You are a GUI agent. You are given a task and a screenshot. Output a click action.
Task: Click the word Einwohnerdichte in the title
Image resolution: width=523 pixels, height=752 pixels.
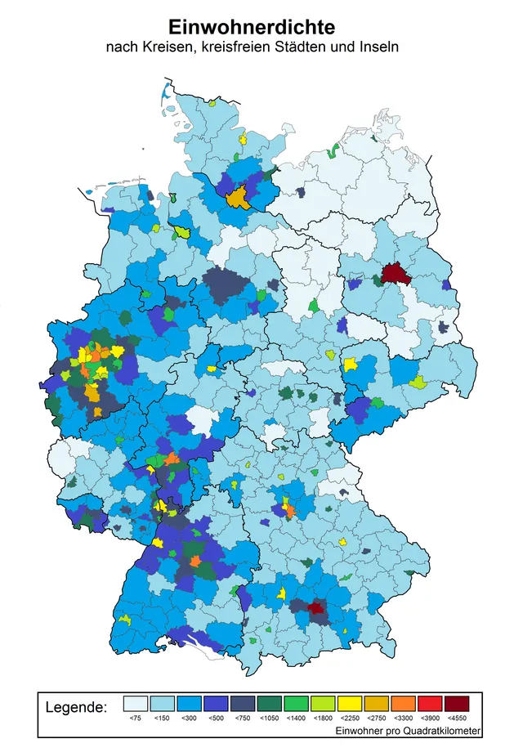pos(252,27)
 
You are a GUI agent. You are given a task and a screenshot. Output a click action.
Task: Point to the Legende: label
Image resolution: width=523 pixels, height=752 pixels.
pos(75,705)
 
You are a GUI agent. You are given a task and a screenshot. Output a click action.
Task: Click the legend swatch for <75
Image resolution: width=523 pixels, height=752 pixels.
pos(136,704)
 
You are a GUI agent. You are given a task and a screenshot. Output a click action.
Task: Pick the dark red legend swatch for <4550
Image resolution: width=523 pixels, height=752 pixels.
pos(457,704)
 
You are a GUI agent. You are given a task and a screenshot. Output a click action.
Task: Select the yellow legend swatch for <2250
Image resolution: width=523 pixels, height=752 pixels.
pos(350,704)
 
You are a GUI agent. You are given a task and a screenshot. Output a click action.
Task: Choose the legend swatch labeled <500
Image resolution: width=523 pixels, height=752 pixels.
pos(216,704)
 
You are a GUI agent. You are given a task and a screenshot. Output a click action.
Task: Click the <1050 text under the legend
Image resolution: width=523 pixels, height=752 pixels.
pos(270,718)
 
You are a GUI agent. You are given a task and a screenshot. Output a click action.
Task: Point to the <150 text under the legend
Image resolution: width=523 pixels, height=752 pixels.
pos(163,718)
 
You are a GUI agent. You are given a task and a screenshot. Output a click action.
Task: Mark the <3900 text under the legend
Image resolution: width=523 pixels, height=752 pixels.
pos(430,718)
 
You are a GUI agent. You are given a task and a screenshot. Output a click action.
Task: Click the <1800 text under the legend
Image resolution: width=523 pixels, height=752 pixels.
pos(323,718)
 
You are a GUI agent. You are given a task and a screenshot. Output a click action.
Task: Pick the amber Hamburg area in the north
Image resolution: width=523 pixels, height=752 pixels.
pos(238,197)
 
